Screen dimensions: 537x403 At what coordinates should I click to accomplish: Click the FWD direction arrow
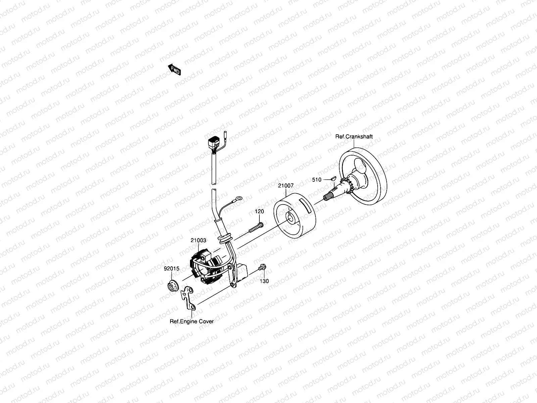point(175,70)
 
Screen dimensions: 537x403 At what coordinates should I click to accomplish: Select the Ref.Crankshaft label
point(354,137)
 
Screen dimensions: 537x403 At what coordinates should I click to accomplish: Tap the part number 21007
point(286,185)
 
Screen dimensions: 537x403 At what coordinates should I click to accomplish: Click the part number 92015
point(172,269)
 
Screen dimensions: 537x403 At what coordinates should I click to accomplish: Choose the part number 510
point(316,180)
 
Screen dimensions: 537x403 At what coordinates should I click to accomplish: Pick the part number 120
point(259,212)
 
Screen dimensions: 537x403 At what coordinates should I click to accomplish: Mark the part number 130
point(264,281)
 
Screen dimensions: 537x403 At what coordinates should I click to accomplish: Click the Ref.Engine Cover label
point(192,321)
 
